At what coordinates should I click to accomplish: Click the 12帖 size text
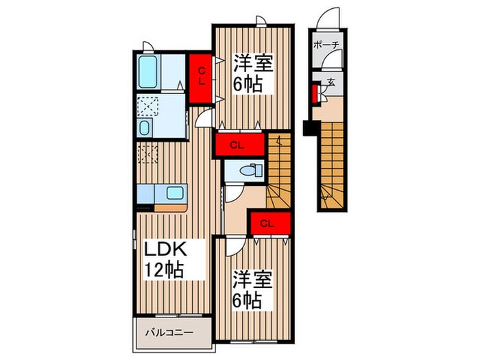[x=163, y=269]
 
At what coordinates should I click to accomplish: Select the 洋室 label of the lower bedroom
[x=253, y=280]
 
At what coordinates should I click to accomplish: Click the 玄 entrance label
[x=331, y=82]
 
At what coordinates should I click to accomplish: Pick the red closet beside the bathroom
[x=202, y=75]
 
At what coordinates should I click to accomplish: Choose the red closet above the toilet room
[x=239, y=145]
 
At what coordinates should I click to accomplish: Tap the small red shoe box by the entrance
[x=315, y=92]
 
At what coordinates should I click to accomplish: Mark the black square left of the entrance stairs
[x=309, y=128]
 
